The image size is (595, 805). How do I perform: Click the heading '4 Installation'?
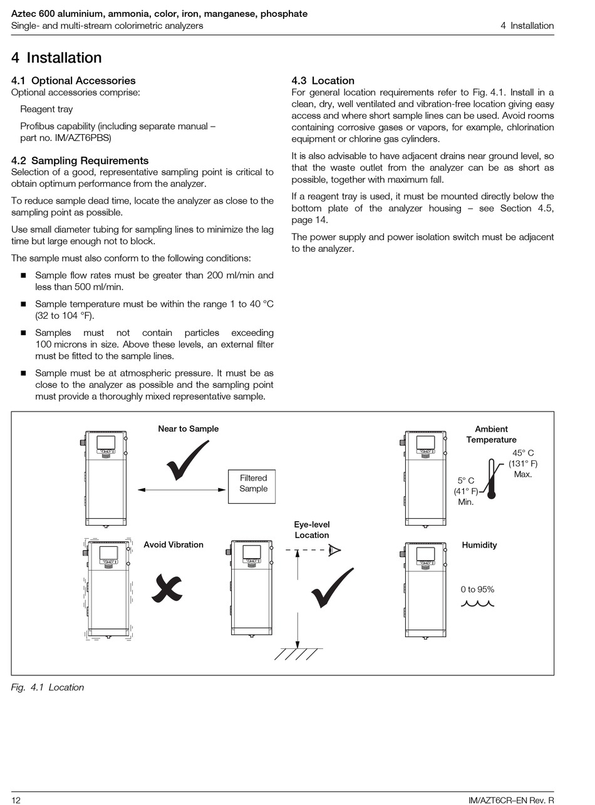[56, 58]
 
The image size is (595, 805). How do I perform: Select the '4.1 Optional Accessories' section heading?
[73, 81]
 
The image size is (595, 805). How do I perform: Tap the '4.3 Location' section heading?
[323, 81]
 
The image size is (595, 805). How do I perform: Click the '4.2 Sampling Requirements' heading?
[80, 160]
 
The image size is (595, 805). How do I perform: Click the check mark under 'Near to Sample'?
[187, 460]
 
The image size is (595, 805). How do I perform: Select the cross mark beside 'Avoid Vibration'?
[167, 589]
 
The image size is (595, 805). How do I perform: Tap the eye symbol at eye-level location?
[335, 551]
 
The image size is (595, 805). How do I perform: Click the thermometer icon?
[492, 479]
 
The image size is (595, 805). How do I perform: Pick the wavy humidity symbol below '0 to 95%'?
[477, 603]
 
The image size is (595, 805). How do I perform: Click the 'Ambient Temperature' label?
[491, 434]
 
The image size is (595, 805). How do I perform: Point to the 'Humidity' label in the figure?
[479, 545]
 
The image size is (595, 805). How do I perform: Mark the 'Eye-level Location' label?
[312, 530]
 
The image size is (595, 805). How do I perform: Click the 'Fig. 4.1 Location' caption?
[48, 687]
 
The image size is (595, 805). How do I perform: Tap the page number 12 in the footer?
[16, 800]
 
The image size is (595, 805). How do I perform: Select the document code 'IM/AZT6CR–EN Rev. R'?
[511, 800]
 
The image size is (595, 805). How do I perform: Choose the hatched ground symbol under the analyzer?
[298, 654]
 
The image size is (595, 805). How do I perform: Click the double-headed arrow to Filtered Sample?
[182, 489]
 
